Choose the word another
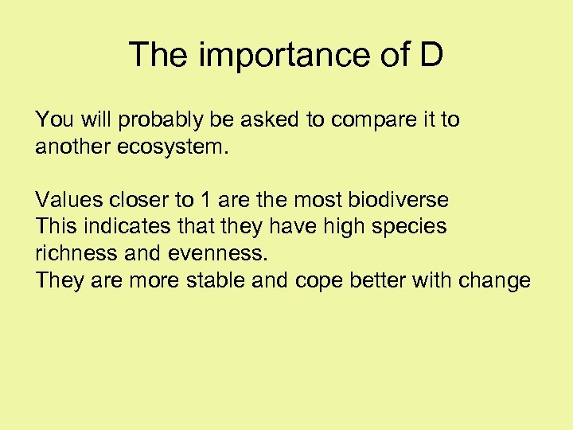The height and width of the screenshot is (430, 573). tap(66, 147)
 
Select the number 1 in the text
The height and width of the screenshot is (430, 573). tap(202, 200)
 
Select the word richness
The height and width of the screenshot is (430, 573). tap(69, 254)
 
